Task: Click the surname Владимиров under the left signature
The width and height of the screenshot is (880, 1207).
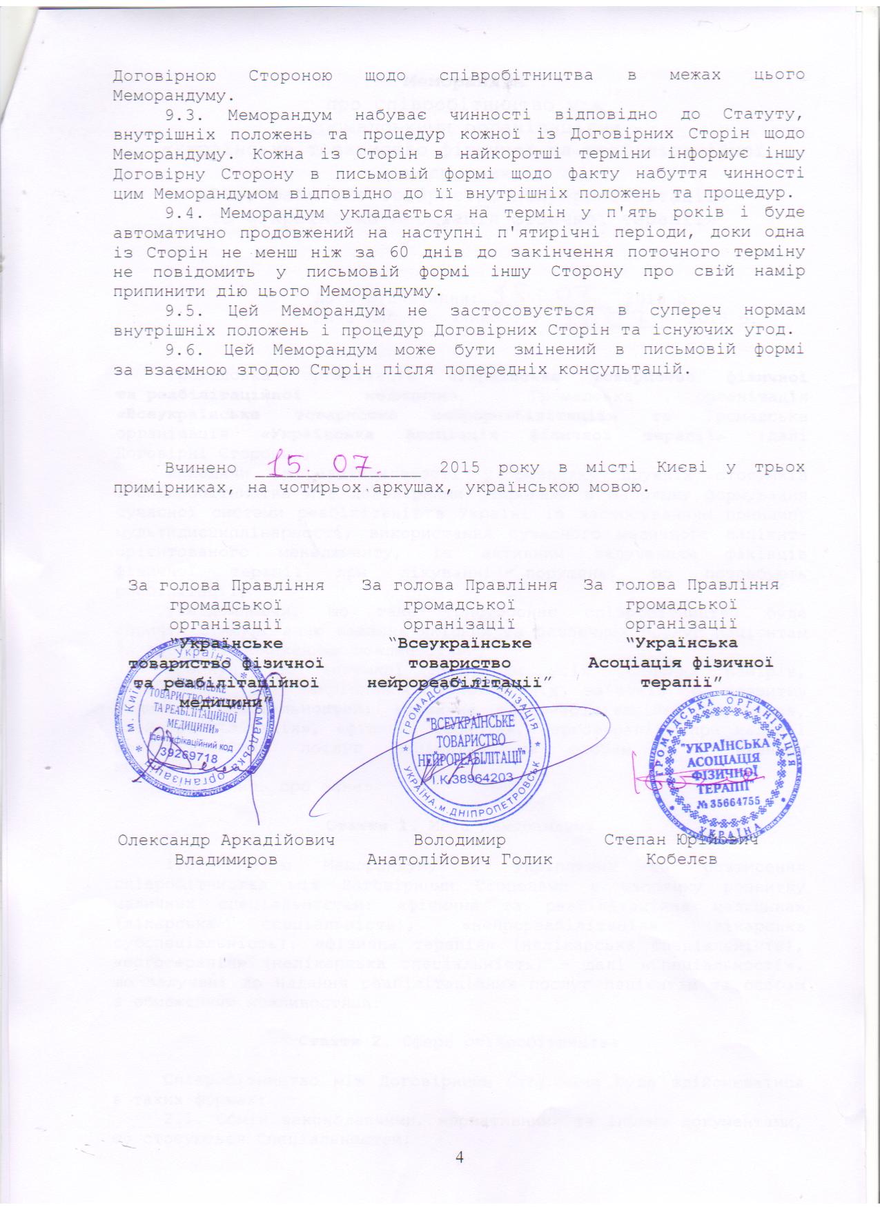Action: pos(226,859)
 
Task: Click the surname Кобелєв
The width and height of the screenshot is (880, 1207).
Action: pos(681,859)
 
